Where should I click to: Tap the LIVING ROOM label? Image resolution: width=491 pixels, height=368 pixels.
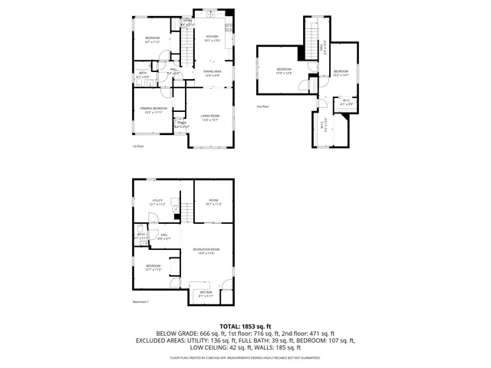210,117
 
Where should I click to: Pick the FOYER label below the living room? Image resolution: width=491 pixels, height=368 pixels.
182,124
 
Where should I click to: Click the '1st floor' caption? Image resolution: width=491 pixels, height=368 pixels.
138,146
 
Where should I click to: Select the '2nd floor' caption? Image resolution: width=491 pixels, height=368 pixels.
263,107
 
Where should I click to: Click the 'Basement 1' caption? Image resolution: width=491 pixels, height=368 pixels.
140,302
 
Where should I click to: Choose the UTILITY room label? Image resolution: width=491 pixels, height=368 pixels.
157,202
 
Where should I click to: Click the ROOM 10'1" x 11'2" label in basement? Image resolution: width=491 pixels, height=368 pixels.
213,202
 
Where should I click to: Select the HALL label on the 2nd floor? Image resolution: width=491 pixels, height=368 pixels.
319,48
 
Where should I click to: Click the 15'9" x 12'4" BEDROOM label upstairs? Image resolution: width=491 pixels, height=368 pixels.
284,71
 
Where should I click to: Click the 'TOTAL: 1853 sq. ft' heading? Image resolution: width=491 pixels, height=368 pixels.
245,327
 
